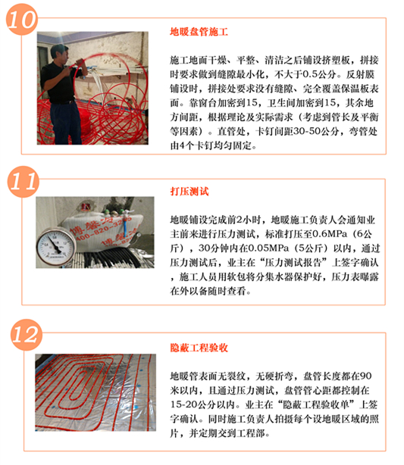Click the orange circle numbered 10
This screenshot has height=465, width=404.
[x=22, y=19]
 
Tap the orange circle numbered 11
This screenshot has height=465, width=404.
[x=23, y=182]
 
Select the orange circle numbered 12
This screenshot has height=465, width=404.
[x=27, y=335]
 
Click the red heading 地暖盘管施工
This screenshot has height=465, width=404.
[x=199, y=32]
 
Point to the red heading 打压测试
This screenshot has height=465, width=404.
[x=189, y=192]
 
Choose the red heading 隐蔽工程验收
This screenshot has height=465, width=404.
[x=199, y=348]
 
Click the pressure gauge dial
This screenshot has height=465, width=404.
[x=55, y=246]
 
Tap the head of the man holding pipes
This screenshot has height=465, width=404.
[x=59, y=53]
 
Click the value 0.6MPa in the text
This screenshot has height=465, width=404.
[x=330, y=234]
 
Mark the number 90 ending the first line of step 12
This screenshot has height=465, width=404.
[x=365, y=376]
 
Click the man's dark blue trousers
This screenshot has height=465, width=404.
[x=67, y=123]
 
